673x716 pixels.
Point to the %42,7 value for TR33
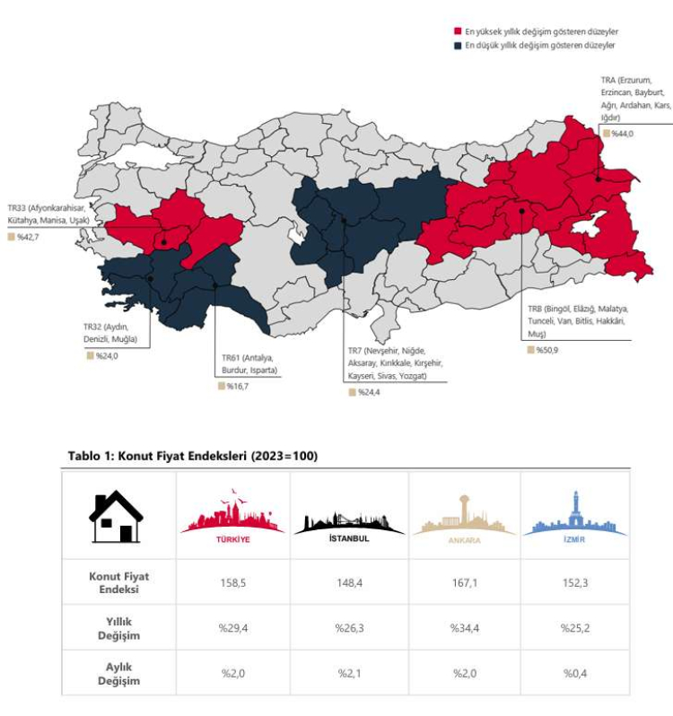coord(28,238)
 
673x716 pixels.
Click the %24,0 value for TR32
coord(107,355)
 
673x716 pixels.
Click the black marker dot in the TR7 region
coord(344,220)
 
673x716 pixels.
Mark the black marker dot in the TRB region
coord(521,211)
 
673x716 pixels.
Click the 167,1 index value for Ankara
coord(465,581)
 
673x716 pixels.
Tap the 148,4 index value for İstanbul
coord(349,581)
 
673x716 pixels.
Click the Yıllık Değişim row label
coord(118,628)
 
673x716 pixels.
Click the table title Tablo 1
coord(193,456)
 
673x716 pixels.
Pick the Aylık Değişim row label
coord(118,674)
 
